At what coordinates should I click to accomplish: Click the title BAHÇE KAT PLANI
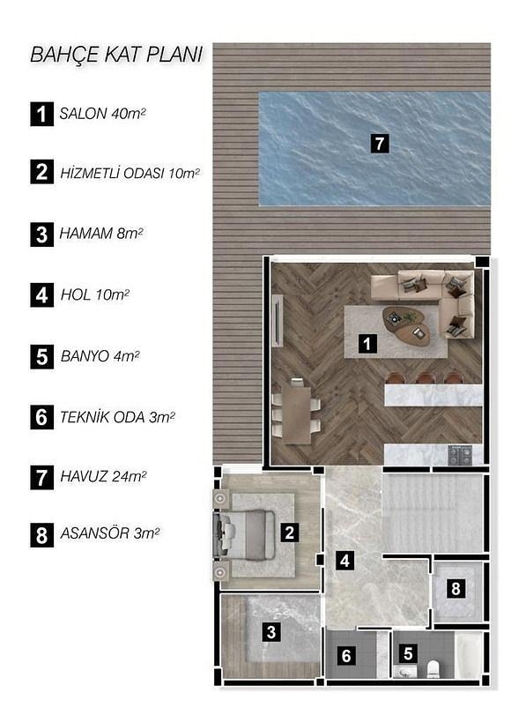point(116,55)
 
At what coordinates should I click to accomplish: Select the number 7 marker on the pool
point(380,144)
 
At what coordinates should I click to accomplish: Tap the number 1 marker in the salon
point(367,344)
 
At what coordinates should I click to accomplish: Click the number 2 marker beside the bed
point(289,533)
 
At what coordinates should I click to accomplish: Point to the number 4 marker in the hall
point(344,561)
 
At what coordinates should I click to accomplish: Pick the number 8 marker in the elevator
point(455,588)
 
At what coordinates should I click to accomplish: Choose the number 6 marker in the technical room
point(346,655)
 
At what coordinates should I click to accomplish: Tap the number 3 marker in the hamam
point(271,631)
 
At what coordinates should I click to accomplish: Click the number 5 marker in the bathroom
point(408,653)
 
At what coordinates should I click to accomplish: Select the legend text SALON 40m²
point(103,114)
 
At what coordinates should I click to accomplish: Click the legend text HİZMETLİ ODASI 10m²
point(130,174)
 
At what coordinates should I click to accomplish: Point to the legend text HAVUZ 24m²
point(103,476)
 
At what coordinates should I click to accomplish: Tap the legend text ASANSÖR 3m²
point(109,533)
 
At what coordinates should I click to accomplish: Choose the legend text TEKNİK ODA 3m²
point(117,417)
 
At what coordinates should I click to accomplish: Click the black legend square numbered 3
point(42,235)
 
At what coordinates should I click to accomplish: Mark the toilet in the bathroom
point(433,669)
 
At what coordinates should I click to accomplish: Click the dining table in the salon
point(296,415)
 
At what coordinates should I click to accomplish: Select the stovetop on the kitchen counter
point(460,456)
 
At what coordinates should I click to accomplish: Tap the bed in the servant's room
point(244,534)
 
